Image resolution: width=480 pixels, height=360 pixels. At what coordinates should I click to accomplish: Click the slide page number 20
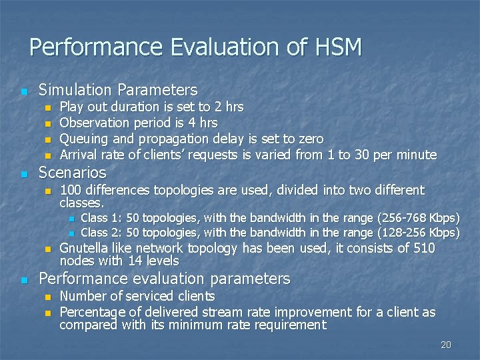[x=446, y=345]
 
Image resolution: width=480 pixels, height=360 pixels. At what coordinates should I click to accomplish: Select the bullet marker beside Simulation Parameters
[x=25, y=91]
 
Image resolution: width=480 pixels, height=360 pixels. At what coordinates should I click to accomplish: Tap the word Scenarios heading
[x=72, y=173]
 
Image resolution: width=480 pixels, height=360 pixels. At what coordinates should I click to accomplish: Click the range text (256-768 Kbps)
[x=418, y=218]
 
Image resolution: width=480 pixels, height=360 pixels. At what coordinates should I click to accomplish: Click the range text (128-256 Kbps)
[x=418, y=233]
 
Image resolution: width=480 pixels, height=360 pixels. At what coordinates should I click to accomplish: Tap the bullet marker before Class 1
[x=71, y=219]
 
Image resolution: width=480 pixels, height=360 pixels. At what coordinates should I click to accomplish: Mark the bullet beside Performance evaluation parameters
[x=25, y=279]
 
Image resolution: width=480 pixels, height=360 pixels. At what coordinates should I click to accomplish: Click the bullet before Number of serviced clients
[x=47, y=297]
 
